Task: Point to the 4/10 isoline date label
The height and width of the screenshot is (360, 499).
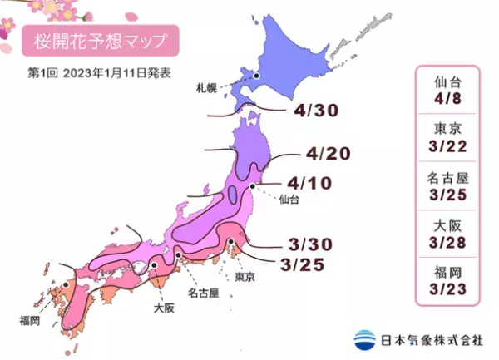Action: [x=311, y=181]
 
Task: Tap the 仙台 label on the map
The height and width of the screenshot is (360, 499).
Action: [x=289, y=200]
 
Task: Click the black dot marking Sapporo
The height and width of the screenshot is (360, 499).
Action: [x=257, y=76]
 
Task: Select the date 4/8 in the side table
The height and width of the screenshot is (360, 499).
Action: [x=449, y=97]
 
